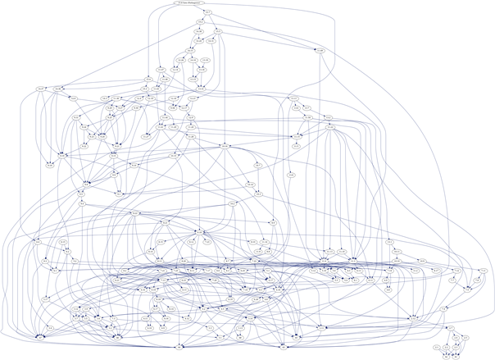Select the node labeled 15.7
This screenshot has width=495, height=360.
(208, 11)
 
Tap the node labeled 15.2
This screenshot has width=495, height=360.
(200, 22)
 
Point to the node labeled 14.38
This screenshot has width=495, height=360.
(199, 31)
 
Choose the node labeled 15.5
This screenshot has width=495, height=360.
(219, 31)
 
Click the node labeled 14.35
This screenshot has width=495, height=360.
(199, 41)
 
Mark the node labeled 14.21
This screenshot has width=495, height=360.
(190, 51)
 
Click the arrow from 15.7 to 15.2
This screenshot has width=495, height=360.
(204, 17)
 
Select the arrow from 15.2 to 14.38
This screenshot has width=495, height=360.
(199, 27)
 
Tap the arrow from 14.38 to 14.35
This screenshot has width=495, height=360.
(199, 36)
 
